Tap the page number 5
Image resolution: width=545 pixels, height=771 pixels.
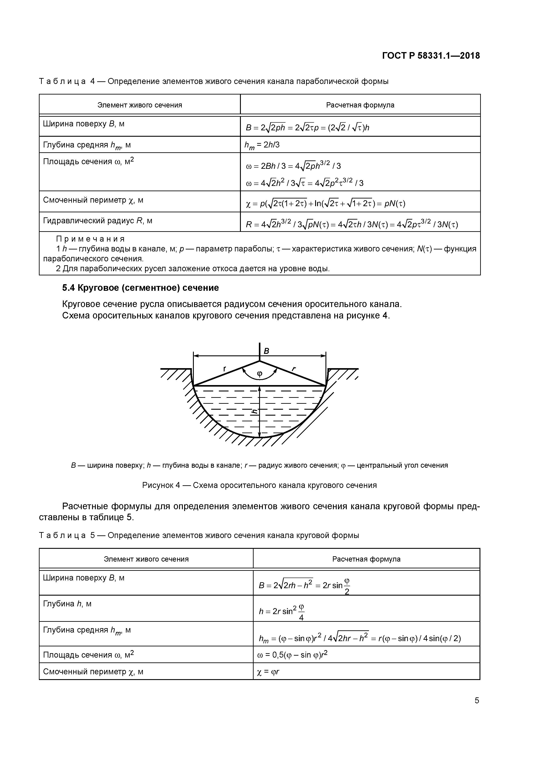[476, 700]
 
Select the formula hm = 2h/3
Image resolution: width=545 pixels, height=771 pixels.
[262, 145]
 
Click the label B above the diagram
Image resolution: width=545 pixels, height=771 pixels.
[266, 351]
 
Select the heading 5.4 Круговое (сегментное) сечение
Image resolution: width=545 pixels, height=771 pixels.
[140, 288]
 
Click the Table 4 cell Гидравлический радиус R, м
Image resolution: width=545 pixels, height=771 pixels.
[97, 221]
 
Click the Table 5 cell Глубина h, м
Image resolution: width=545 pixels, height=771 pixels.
[67, 604]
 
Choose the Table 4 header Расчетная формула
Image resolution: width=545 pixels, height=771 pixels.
[360, 105]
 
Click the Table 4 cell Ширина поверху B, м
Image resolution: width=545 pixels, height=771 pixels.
[84, 124]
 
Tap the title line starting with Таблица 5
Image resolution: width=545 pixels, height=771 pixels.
[199, 535]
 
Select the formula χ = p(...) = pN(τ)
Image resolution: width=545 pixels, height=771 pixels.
[325, 203]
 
